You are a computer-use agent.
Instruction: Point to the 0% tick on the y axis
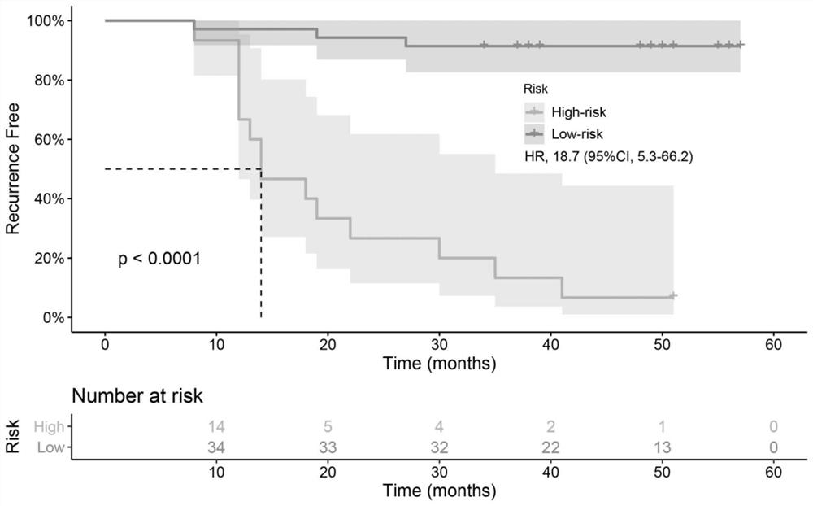click(x=54, y=317)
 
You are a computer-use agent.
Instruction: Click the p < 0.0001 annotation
click(x=160, y=260)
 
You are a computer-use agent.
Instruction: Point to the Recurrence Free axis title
click(x=13, y=168)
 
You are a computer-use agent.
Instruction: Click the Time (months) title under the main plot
click(x=439, y=364)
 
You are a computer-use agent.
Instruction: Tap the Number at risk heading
click(x=137, y=397)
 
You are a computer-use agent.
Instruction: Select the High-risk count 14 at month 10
click(x=216, y=425)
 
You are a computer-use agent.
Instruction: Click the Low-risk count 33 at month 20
click(x=328, y=447)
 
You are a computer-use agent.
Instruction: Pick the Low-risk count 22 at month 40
click(x=550, y=447)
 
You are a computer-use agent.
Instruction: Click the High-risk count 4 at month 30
click(x=439, y=425)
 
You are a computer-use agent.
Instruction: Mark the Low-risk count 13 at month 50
click(x=662, y=447)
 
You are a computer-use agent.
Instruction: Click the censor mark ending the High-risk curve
click(x=673, y=296)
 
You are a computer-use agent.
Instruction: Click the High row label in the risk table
click(x=48, y=425)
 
